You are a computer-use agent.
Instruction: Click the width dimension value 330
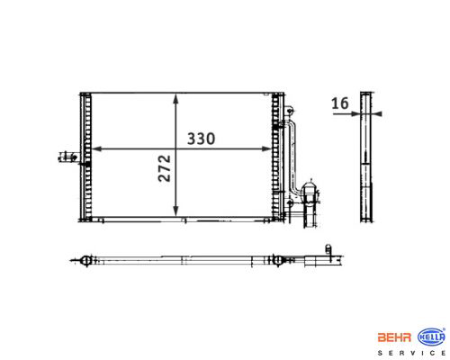pos(203,139)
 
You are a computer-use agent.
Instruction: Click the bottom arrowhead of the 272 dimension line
pos(175,216)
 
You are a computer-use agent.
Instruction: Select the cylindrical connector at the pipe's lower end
pos(310,193)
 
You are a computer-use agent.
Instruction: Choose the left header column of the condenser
pos(87,157)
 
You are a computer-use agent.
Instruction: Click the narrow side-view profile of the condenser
pos(365,157)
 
